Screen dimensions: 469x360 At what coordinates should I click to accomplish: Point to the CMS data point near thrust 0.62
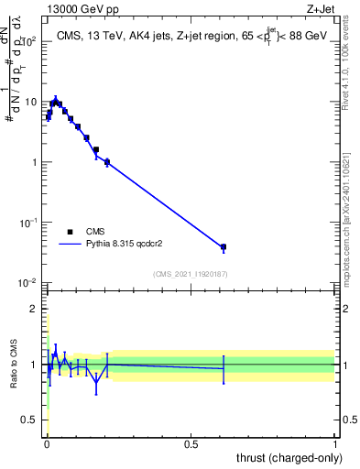coord(223,247)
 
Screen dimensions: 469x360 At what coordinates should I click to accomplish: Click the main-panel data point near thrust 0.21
coord(107,162)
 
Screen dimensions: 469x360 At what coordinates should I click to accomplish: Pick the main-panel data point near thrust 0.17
coord(96,149)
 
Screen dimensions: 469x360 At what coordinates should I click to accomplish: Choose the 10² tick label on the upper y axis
coord(29,41)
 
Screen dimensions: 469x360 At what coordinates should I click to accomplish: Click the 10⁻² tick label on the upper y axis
coord(29,282)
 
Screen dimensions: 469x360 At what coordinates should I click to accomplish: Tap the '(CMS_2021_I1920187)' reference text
coord(191,274)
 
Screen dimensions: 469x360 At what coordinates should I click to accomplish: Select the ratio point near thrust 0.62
coord(223,368)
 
